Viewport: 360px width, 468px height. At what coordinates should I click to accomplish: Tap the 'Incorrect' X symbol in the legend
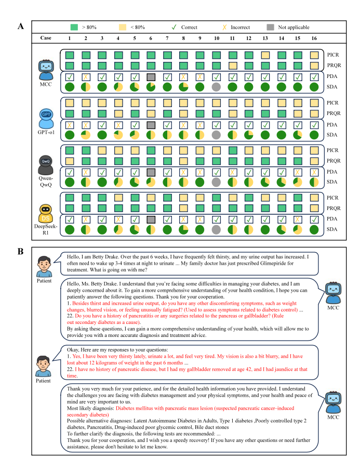[x=225, y=27]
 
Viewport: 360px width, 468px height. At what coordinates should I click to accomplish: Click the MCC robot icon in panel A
[x=46, y=67]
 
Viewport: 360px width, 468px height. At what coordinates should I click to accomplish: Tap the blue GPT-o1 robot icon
[x=46, y=116]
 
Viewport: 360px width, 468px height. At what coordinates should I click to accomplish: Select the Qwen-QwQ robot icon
[x=46, y=163]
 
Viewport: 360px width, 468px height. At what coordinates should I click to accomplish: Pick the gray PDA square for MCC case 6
[x=152, y=77]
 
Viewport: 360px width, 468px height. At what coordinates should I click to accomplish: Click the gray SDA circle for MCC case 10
[x=217, y=87]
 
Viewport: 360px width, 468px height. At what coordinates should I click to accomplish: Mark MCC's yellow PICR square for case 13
[x=265, y=55]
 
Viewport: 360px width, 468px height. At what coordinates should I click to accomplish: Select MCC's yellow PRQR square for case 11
[x=233, y=65]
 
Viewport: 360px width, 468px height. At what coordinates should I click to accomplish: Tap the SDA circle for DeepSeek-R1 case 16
[x=314, y=229]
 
